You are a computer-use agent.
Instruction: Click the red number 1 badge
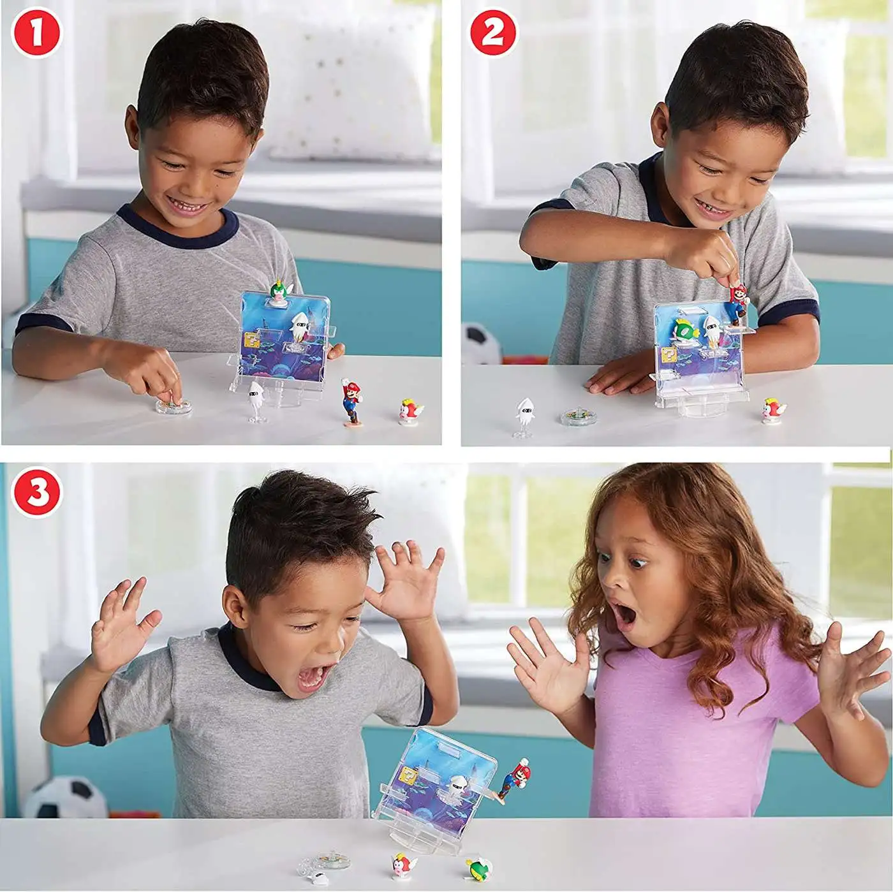pos(36,34)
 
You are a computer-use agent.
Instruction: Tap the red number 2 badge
pos(494,34)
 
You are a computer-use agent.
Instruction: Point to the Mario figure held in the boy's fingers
pos(737,302)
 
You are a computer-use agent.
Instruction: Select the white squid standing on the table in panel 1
pos(255,402)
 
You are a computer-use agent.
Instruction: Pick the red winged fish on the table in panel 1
pos(411,411)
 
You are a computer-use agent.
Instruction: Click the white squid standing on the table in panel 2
pos(525,417)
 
